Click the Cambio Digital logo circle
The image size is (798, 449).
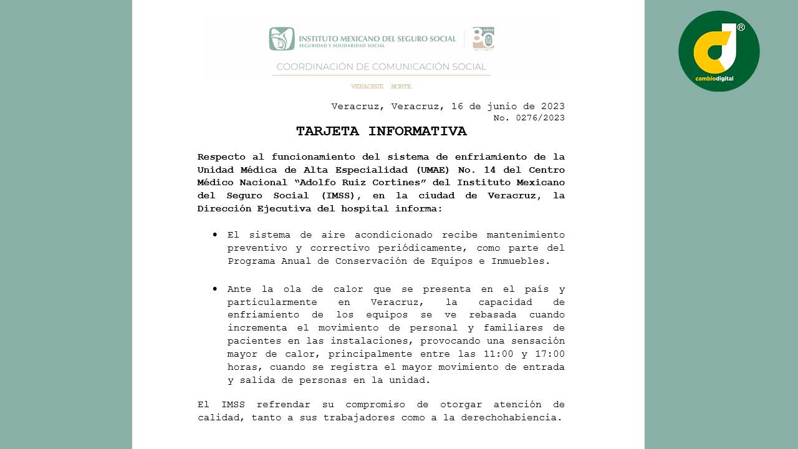(719, 51)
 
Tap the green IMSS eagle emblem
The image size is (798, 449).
(282, 39)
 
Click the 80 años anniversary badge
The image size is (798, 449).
(483, 39)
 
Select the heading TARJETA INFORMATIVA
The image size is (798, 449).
(381, 132)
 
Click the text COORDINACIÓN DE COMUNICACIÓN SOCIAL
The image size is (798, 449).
(381, 67)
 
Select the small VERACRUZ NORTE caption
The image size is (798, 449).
(381, 87)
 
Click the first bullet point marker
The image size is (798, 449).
(215, 235)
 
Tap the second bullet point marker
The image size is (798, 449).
(215, 289)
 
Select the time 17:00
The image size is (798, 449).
(549, 354)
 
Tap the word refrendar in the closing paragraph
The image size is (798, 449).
(288, 405)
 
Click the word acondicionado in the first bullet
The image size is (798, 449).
(393, 235)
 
